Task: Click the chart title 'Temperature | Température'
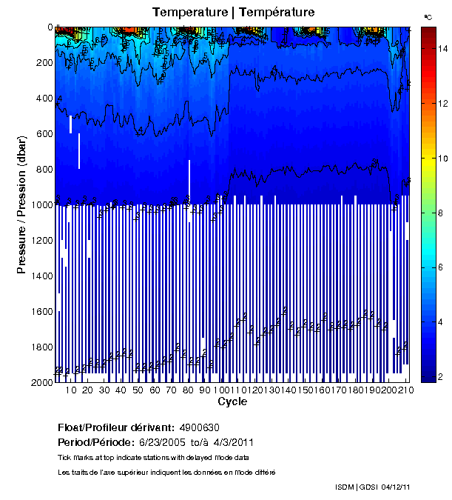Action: click(234, 12)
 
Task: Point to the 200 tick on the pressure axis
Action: click(43, 63)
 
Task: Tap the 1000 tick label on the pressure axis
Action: click(41, 205)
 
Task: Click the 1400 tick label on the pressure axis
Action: click(41, 276)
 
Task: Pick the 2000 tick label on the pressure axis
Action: click(41, 382)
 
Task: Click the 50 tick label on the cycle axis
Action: click(138, 390)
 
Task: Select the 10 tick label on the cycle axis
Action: click(71, 390)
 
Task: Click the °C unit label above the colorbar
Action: click(428, 16)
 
